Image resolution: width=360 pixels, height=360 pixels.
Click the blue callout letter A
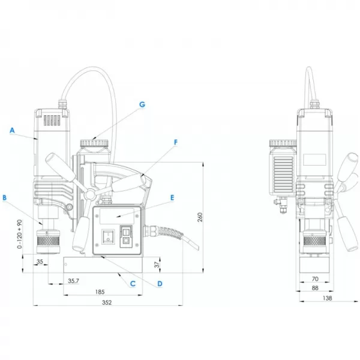click(x=12, y=130)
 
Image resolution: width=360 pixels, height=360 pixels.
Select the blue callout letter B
click(x=5, y=197)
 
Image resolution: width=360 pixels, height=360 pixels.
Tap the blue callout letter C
click(x=133, y=284)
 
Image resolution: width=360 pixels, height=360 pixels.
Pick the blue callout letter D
click(x=160, y=284)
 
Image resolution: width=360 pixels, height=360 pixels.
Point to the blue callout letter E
click(x=172, y=197)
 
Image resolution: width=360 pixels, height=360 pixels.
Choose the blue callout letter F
click(x=176, y=142)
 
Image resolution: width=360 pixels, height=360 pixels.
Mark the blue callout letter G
click(x=142, y=104)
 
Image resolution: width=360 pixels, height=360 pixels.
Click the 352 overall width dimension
click(x=107, y=302)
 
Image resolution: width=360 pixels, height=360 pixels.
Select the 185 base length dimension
click(x=100, y=292)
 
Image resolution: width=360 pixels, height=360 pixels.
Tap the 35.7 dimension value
click(x=73, y=281)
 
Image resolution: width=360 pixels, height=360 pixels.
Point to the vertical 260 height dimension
click(x=200, y=217)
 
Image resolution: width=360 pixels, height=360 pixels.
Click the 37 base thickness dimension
click(x=157, y=265)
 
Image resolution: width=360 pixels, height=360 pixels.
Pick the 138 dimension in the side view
click(x=328, y=298)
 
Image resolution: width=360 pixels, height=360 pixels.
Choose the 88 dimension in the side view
click(x=315, y=288)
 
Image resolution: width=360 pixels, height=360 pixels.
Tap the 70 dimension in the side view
click(x=315, y=279)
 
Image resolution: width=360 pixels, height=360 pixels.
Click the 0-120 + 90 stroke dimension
click(x=20, y=234)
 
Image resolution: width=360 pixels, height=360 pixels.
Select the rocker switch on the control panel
click(x=108, y=236)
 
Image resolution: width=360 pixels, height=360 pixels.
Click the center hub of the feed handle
click(x=90, y=194)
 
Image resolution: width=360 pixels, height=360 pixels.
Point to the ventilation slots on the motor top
click(x=52, y=121)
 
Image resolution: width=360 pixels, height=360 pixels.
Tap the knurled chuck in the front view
click(x=48, y=241)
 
